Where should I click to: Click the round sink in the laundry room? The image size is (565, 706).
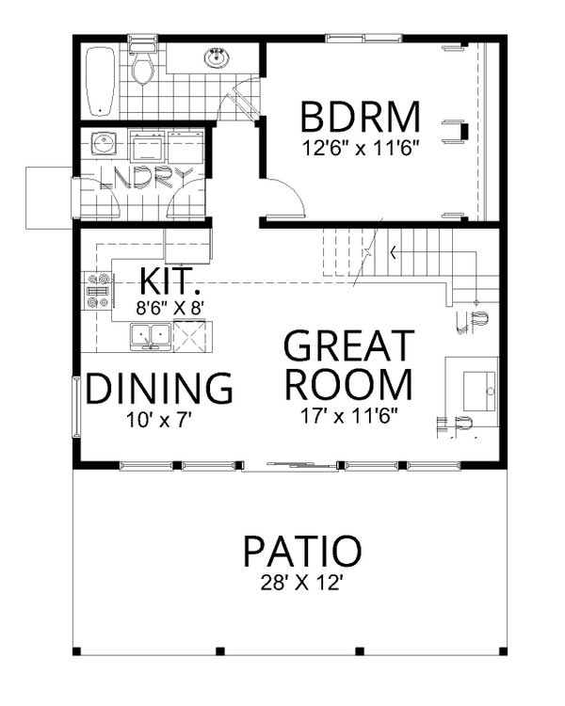(104, 145)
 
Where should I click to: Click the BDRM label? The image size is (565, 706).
(360, 118)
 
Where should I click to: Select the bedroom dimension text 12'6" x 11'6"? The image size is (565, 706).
(360, 147)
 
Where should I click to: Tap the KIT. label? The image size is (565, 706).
(169, 281)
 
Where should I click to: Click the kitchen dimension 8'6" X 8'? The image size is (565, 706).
(170, 305)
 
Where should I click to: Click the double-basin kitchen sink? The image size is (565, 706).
(150, 334)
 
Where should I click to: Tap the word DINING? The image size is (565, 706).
(159, 388)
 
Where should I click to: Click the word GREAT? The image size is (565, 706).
(348, 346)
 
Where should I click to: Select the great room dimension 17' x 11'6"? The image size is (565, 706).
(347, 415)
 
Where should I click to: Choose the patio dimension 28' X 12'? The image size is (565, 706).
(301, 583)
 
